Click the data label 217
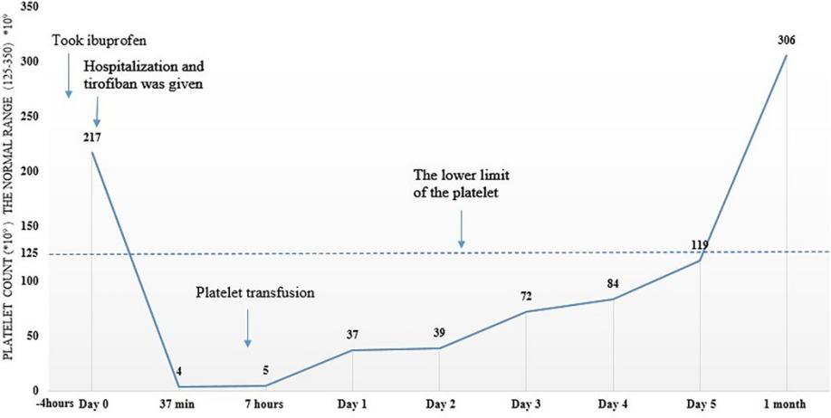(x=91, y=138)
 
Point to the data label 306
(x=785, y=40)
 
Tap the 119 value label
(x=697, y=243)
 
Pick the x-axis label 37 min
(x=177, y=404)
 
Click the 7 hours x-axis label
(x=264, y=404)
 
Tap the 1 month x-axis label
(x=785, y=404)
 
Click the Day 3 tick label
(x=525, y=404)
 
